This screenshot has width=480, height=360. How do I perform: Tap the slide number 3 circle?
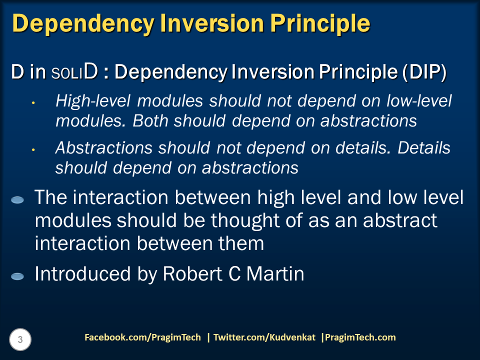tap(20, 339)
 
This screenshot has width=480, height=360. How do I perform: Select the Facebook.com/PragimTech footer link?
tap(142, 337)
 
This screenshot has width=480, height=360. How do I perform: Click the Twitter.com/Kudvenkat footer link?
tap(264, 337)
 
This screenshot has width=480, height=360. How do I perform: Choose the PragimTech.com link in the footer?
tap(360, 337)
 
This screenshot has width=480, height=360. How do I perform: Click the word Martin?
tap(275, 273)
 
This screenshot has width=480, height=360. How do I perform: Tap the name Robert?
tap(192, 273)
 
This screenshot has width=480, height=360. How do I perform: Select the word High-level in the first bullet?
tap(93, 101)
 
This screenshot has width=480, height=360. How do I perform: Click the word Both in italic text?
tap(150, 120)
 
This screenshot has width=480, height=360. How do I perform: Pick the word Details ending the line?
tap(424, 148)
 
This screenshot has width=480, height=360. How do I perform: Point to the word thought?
tap(245, 220)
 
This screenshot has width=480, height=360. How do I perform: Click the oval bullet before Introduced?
tap(17, 276)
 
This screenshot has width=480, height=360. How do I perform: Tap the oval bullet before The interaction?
tap(17, 200)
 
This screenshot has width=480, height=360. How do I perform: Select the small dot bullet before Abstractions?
tap(33, 149)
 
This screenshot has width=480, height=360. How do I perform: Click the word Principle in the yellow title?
tap(320, 23)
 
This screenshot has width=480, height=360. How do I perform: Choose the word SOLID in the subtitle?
tap(74, 72)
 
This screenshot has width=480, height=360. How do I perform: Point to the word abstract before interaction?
tap(400, 220)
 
